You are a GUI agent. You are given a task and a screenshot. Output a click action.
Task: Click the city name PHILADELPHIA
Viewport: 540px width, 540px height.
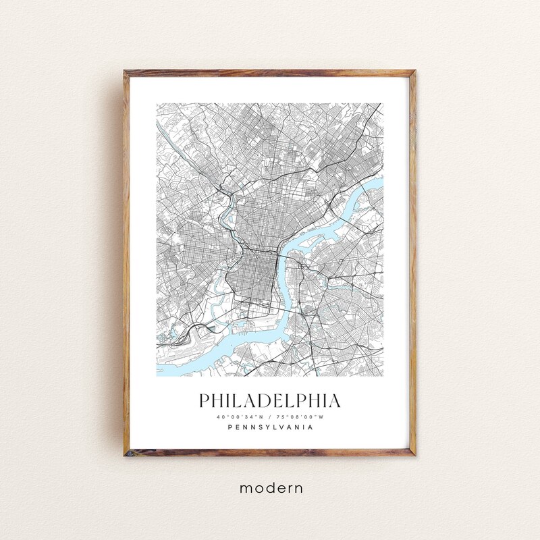(x=270, y=400)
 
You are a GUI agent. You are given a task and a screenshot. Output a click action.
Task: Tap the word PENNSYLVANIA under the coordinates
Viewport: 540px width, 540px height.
(x=270, y=427)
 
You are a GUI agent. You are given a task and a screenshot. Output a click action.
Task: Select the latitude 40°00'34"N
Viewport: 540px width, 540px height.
(x=240, y=416)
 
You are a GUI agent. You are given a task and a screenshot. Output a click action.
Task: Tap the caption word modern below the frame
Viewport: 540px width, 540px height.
(x=270, y=487)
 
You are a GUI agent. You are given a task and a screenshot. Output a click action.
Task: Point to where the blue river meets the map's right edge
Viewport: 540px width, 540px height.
(x=381, y=182)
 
